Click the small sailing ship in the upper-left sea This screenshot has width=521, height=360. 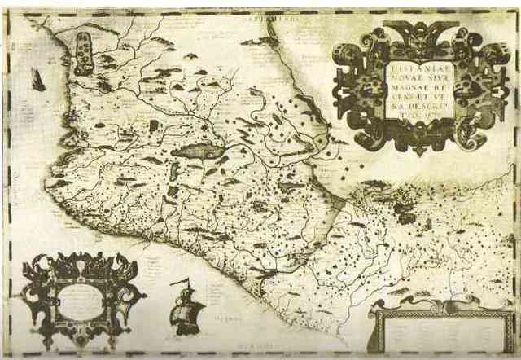point(37,79)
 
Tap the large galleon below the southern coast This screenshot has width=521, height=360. point(186,309)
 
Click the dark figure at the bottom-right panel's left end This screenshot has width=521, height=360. point(376,314)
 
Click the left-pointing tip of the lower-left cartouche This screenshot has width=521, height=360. point(24,297)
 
